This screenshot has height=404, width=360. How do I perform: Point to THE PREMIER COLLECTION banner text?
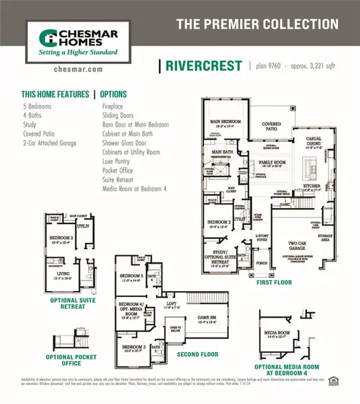tap(257, 25)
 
